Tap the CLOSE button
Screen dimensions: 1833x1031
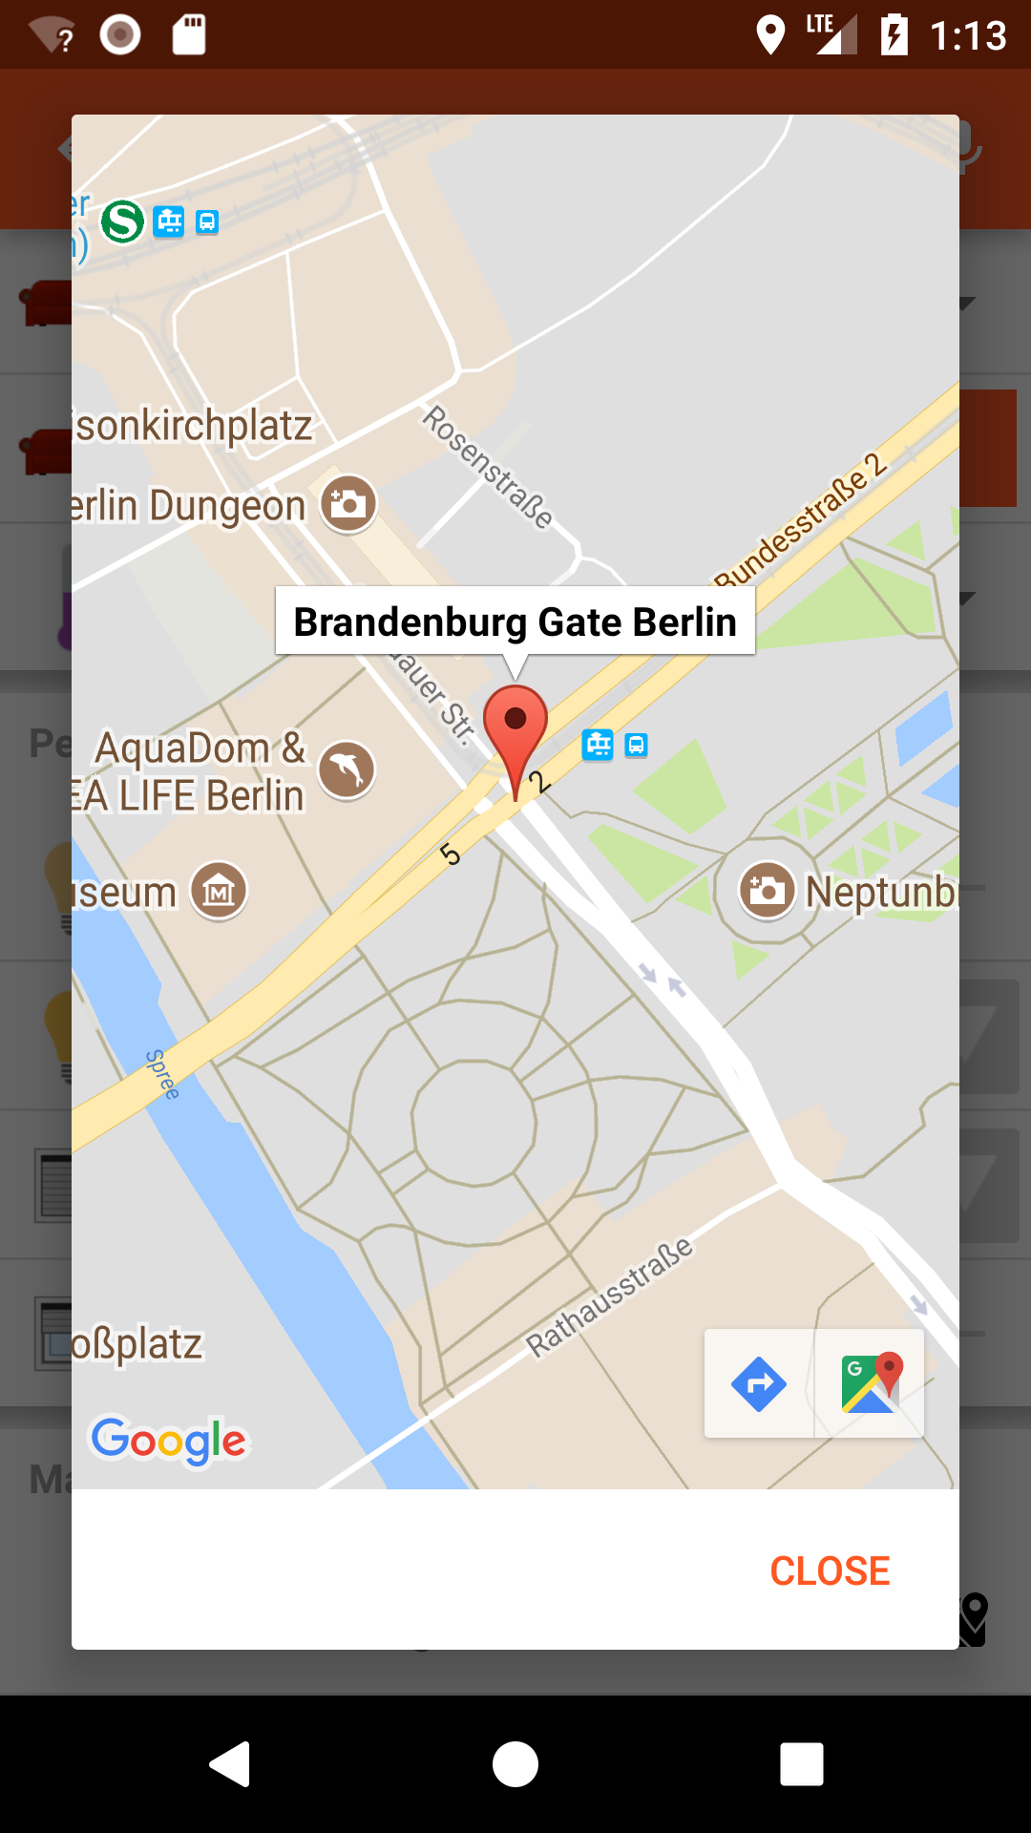click(x=830, y=1570)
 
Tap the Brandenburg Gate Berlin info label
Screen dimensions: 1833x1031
click(x=515, y=622)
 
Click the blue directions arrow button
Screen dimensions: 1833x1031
click(x=759, y=1383)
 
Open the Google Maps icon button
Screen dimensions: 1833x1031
click(x=870, y=1383)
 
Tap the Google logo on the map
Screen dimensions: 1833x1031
click(x=169, y=1440)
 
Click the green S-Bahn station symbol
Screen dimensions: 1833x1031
click(x=123, y=221)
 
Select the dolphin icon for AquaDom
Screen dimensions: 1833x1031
click(x=347, y=769)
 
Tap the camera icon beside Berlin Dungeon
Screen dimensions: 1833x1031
click(x=348, y=503)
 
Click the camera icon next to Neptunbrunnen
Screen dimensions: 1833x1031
click(x=767, y=891)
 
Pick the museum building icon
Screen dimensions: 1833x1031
click(x=220, y=892)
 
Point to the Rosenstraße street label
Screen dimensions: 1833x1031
click(x=488, y=467)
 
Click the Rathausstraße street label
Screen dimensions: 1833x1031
click(x=610, y=1296)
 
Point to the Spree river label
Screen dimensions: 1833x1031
click(x=162, y=1074)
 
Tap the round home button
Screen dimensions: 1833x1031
click(x=515, y=1763)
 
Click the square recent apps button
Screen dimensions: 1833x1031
click(x=802, y=1763)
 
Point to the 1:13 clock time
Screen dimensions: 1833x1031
click(x=968, y=36)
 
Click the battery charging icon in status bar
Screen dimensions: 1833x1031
click(x=894, y=35)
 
